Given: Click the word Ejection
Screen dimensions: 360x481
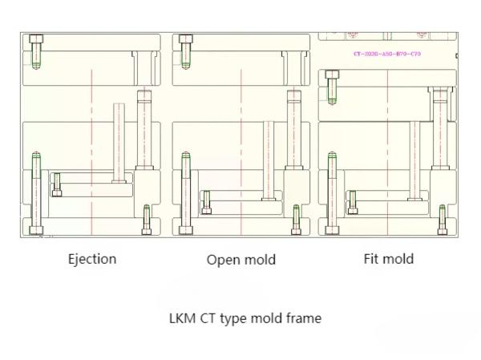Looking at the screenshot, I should (x=92, y=259).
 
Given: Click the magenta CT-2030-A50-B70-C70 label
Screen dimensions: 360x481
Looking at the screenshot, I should (x=387, y=54).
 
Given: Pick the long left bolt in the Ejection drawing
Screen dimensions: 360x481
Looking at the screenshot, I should (x=35, y=192).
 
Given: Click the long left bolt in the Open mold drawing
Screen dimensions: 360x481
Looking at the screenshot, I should (x=186, y=192).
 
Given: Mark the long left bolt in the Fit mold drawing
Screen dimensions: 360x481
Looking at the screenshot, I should (x=332, y=192).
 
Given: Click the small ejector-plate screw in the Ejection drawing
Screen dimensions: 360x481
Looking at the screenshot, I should (x=57, y=184).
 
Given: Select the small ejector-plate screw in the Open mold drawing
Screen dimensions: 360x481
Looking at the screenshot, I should (x=206, y=202).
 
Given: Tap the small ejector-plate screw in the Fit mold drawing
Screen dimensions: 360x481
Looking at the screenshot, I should (x=352, y=202).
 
